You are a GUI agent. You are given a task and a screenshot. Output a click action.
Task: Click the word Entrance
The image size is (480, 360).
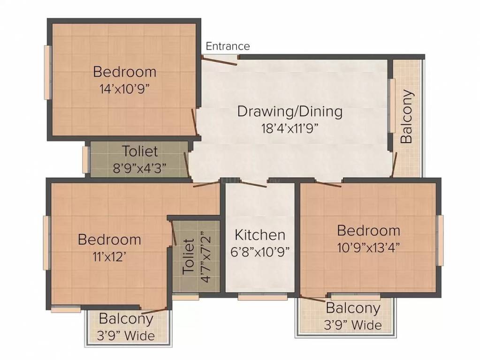click(x=228, y=46)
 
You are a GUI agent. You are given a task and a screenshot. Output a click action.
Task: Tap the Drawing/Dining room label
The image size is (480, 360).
click(x=290, y=112)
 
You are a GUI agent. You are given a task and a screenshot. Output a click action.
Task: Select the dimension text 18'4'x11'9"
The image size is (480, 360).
click(x=290, y=128)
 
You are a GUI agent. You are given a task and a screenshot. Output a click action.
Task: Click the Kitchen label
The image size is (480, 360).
click(x=260, y=234)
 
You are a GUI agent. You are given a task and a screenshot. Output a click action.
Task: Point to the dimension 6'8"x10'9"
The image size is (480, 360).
click(x=260, y=251)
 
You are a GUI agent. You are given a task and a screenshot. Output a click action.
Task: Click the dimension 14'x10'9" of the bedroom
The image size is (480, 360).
click(x=124, y=89)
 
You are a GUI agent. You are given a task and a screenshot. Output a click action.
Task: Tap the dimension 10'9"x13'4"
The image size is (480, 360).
click(x=368, y=247)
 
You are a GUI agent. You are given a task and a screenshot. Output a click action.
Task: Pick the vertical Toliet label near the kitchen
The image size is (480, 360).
click(x=189, y=256)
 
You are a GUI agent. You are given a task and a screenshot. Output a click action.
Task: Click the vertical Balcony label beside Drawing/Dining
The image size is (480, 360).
click(x=407, y=116)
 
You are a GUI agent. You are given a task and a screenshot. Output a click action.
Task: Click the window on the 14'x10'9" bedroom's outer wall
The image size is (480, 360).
click(x=47, y=72)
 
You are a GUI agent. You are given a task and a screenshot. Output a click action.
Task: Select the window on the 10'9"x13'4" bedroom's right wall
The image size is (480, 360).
click(x=440, y=240)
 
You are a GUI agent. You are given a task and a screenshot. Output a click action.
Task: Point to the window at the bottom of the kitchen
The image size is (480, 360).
click(x=262, y=297)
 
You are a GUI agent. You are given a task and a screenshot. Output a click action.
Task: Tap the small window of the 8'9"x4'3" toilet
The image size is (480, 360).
click(x=85, y=159)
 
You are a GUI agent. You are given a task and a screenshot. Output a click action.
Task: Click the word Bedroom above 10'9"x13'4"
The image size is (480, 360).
click(x=368, y=230)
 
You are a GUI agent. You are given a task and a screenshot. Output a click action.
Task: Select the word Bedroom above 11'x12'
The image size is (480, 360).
click(x=109, y=240)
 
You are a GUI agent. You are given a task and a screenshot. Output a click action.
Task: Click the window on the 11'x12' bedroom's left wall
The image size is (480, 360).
click(x=46, y=242)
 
